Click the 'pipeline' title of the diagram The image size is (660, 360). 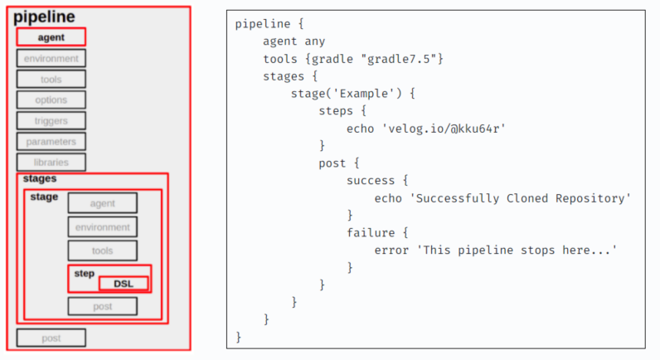(x=43, y=16)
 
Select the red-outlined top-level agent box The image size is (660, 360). (x=51, y=37)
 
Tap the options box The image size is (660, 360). (x=51, y=100)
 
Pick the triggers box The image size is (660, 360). (x=51, y=120)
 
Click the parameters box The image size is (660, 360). (x=51, y=141)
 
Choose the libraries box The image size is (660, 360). (x=51, y=162)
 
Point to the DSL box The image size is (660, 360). (x=124, y=284)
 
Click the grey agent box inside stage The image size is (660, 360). (x=102, y=203)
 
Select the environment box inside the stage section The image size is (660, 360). (x=102, y=226)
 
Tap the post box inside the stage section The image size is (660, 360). (x=102, y=306)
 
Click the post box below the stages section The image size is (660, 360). (x=51, y=338)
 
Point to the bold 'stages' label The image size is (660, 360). (x=40, y=178)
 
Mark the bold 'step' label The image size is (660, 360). (x=85, y=273)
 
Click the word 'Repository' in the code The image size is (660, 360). (x=595, y=198)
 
